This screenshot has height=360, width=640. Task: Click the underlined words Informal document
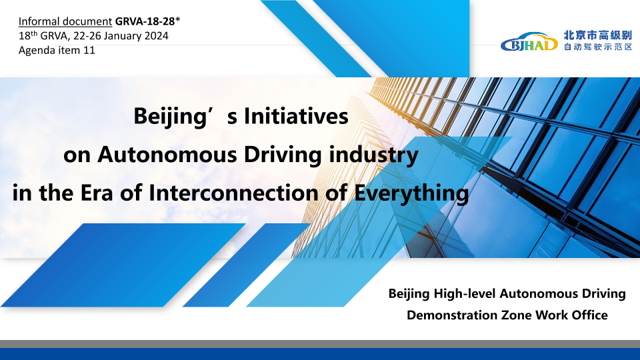pos(65,21)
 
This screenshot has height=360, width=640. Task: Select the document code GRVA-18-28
pos(145,21)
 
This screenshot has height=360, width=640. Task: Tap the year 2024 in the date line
pos(156,36)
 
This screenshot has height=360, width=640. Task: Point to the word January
pos(122,36)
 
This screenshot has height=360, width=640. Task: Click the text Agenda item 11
pos(57,50)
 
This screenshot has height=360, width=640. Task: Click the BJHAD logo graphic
pos(529,41)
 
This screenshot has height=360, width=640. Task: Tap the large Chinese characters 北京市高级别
pos(598,35)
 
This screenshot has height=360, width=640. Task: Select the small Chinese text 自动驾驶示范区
pos(598,47)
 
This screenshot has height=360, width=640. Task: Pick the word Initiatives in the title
pos(296,116)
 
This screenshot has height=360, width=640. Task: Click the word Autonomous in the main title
pos(167,155)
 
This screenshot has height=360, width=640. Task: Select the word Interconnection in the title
pos(233,193)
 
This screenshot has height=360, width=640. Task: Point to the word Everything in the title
pos(411,194)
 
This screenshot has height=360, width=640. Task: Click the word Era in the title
pos(96,193)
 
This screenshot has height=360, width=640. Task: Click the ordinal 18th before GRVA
pos(28,35)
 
